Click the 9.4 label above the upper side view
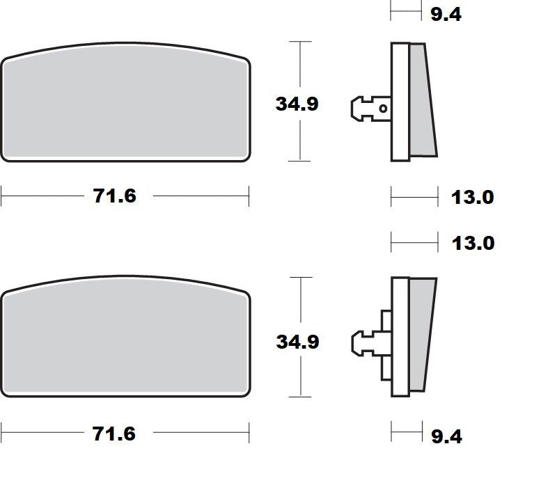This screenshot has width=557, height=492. [446, 14]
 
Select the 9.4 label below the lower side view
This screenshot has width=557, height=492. [446, 436]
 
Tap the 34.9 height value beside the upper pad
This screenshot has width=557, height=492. [297, 104]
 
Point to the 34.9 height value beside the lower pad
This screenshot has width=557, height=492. [297, 342]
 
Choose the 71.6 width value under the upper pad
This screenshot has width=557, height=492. [115, 196]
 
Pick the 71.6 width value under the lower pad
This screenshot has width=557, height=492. [115, 434]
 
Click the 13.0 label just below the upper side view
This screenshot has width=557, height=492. [471, 197]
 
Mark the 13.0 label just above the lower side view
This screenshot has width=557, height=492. [471, 243]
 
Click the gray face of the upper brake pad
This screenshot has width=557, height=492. [125, 104]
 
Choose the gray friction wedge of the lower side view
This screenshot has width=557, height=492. [421, 334]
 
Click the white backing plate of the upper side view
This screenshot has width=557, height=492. [399, 101]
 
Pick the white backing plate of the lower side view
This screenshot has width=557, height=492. [399, 338]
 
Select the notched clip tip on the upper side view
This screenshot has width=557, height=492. [356, 108]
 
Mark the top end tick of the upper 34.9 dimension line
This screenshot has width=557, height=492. [299, 42]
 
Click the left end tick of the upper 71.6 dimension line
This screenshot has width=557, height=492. [2, 196]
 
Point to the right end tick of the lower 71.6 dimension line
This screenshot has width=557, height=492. [249, 434]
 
